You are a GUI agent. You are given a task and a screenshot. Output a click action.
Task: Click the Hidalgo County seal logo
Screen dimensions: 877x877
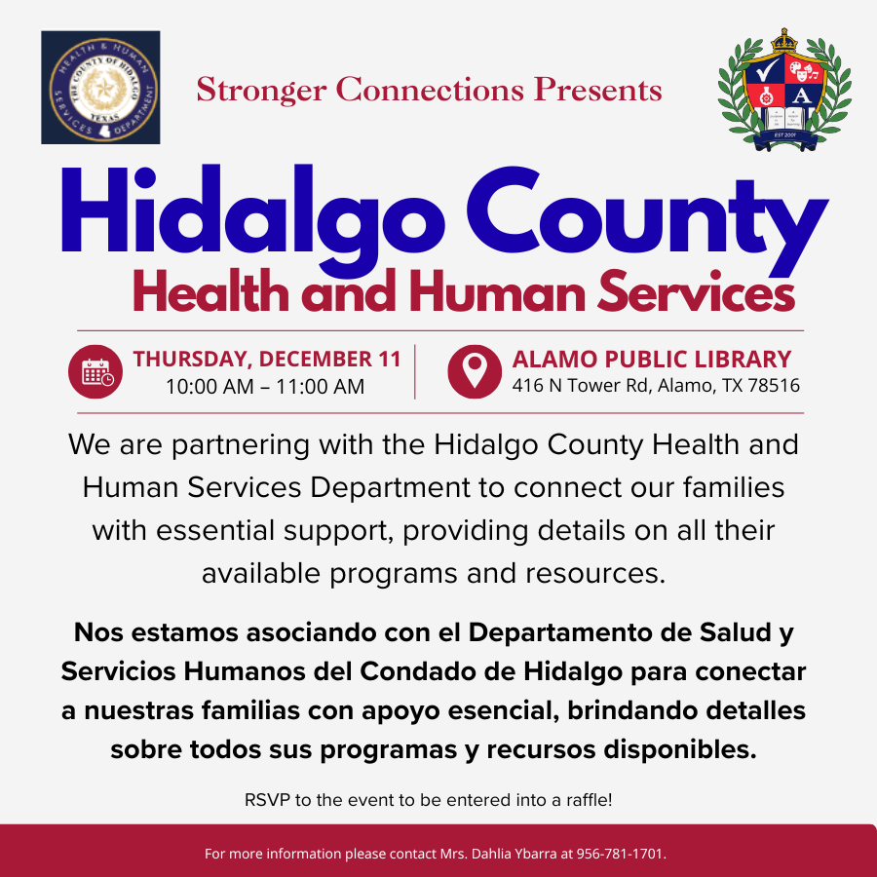pyautogui.click(x=100, y=88)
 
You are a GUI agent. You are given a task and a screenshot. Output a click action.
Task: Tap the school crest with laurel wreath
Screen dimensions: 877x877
pyautogui.click(x=783, y=91)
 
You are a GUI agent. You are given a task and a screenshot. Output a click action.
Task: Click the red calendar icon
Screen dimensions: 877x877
pyautogui.click(x=96, y=371)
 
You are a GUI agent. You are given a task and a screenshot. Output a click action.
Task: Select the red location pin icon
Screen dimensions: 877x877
pyautogui.click(x=475, y=371)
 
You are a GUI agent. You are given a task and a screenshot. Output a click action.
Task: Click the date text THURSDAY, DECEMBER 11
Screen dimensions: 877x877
pyautogui.click(x=267, y=359)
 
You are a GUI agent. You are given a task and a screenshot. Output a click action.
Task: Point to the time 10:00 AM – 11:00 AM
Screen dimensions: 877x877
pyautogui.click(x=265, y=387)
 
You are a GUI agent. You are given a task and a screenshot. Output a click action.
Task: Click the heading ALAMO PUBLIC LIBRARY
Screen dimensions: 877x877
pyautogui.click(x=652, y=359)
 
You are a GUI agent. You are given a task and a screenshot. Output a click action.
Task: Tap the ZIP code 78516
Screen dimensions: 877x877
pyautogui.click(x=773, y=386)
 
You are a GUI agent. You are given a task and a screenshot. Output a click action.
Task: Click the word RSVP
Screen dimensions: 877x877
pyautogui.click(x=266, y=801)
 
